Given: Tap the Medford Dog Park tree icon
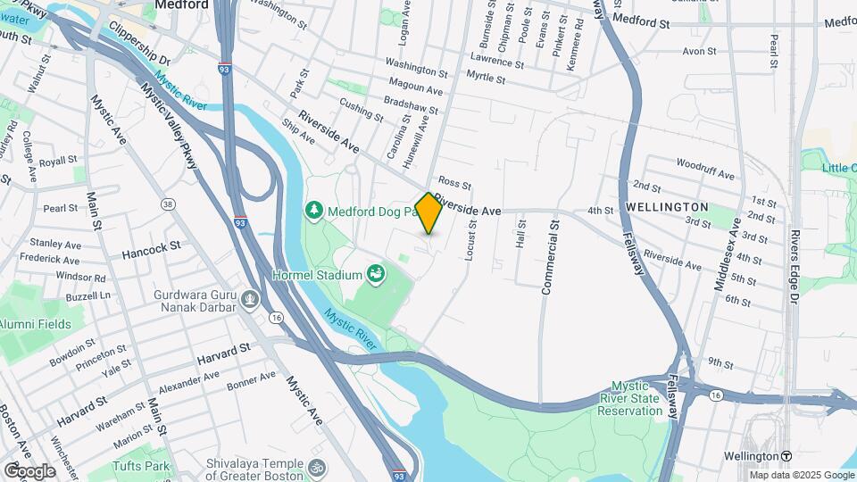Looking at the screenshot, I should [313, 211].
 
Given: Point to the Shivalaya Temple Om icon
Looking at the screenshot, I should [315, 467].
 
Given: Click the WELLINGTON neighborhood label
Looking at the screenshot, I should [667, 207].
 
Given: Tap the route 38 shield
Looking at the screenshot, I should [167, 204].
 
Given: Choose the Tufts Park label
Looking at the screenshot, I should [141, 466].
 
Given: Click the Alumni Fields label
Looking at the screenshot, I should [36, 324].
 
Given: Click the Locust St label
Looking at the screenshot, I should [473, 242].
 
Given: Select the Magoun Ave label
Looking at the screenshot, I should [414, 90].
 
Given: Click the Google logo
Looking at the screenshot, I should [29, 470].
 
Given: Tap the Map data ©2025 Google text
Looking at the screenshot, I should [802, 475].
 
